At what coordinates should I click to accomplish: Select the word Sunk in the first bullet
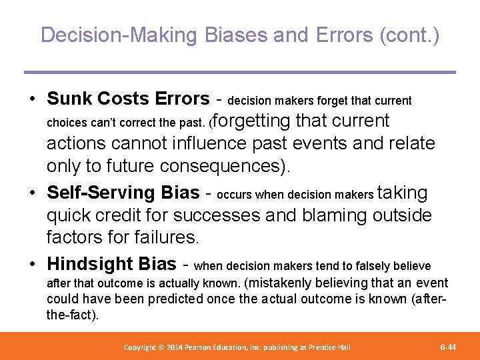69,99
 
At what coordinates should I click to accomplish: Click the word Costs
123,99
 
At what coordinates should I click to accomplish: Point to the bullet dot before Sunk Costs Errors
31,99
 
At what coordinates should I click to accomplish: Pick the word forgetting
251,121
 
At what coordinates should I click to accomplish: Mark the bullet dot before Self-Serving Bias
31,193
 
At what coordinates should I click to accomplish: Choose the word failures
163,237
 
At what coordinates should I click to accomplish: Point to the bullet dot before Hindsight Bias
31,265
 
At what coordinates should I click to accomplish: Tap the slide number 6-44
448,347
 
